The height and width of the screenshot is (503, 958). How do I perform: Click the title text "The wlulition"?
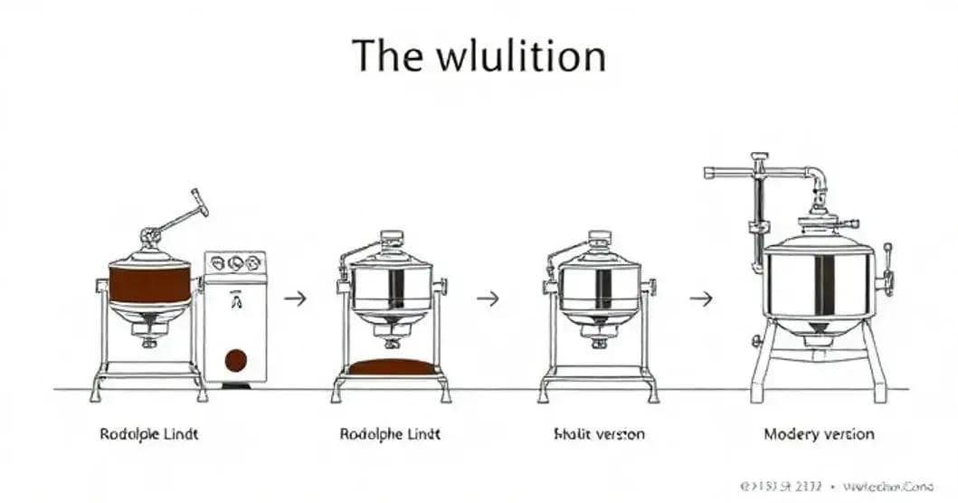point(479,56)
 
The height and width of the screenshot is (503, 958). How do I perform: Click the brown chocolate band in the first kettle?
point(149,283)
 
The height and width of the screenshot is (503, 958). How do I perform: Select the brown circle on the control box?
point(235,360)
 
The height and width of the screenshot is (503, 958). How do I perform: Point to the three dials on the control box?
point(235,263)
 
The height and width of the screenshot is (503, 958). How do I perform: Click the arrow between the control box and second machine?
point(295,298)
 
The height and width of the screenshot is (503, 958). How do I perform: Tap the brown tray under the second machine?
point(391,366)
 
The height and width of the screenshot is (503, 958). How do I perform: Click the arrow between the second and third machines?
point(488,298)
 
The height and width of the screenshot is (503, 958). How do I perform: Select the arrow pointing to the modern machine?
point(700,298)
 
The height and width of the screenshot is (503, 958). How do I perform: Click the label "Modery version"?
point(819,434)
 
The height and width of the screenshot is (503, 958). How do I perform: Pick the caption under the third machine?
point(599,434)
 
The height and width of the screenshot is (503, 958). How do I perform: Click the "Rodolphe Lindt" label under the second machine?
point(390,434)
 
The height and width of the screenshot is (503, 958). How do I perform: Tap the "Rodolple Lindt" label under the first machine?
point(148,434)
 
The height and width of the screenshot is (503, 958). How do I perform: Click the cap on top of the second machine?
point(392,239)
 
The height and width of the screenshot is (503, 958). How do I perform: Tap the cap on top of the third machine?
point(599,239)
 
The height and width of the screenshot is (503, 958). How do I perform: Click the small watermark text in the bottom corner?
point(836,486)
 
